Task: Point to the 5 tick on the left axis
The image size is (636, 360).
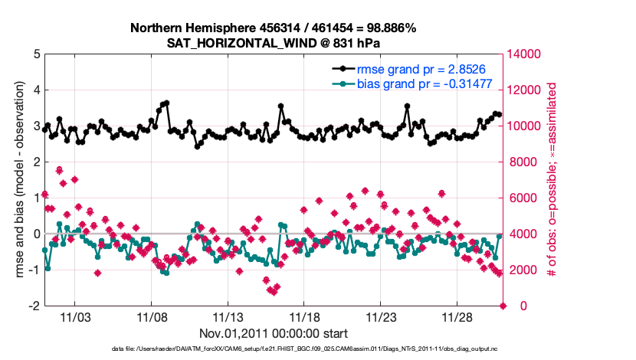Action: click(35, 54)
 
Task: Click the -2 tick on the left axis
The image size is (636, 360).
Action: click(34, 306)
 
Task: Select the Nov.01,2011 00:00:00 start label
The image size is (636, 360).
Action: click(274, 333)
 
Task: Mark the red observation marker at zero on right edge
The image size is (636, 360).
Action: click(503, 306)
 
